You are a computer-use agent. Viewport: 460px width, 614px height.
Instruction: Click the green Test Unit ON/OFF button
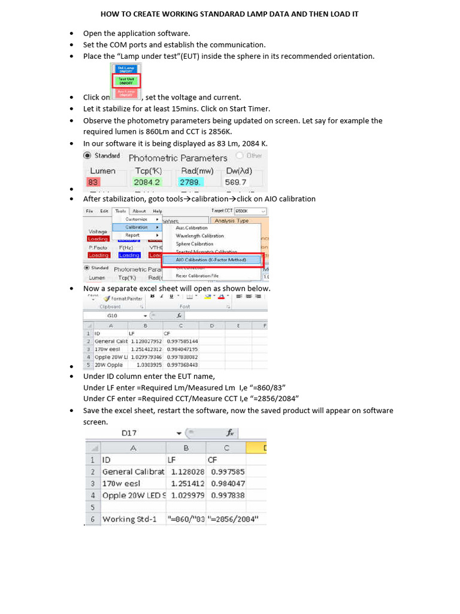coord(126,81)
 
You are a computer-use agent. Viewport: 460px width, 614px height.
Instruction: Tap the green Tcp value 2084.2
coord(147,182)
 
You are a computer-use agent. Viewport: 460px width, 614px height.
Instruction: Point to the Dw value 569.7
coord(235,182)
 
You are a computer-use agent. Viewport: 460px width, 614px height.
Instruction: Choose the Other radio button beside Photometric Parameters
coord(250,155)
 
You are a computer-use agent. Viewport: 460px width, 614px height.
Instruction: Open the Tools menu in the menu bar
coord(120,211)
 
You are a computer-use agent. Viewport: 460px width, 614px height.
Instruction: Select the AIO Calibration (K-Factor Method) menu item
coord(211,260)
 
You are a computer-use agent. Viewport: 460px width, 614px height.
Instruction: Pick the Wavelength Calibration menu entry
coord(199,236)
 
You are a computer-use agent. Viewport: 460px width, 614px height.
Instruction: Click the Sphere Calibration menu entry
coord(194,244)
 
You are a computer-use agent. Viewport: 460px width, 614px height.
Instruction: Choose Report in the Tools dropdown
coord(133,235)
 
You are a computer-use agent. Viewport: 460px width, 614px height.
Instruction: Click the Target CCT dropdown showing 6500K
coord(250,211)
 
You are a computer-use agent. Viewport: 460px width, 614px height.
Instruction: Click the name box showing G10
coord(114,315)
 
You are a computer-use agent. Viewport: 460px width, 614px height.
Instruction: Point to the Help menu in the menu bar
coord(158,211)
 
